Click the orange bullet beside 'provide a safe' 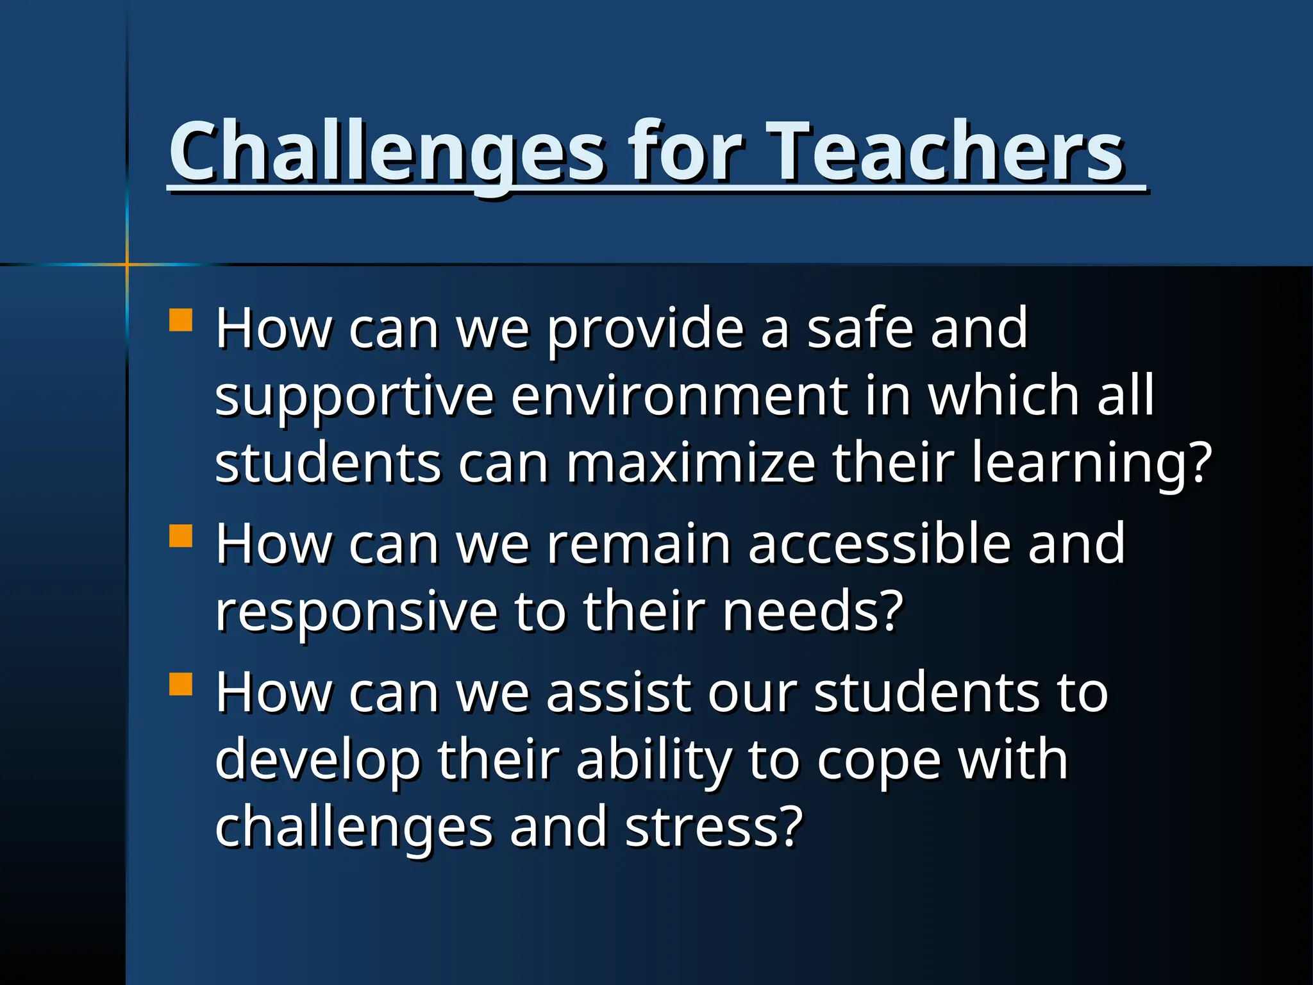(x=181, y=320)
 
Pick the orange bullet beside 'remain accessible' (x=181, y=535)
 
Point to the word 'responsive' (x=356, y=613)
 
